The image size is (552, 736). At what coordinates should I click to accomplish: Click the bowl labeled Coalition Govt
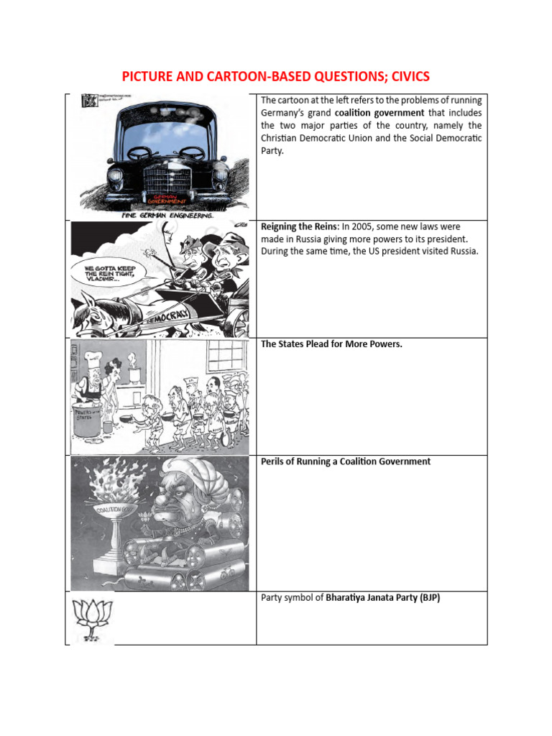pyautogui.click(x=119, y=512)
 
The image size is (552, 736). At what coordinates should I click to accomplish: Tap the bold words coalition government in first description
pyautogui.click(x=379, y=113)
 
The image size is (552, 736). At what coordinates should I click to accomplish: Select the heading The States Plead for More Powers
pyautogui.click(x=331, y=344)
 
